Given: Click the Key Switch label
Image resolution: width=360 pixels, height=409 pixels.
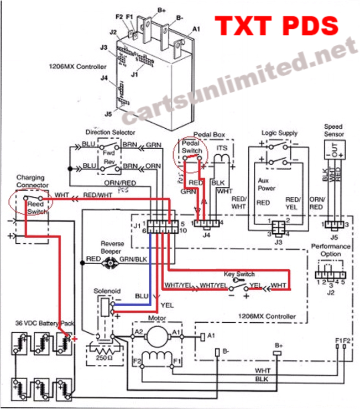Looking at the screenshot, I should [239, 274].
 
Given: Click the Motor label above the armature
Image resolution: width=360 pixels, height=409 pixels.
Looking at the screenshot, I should [157, 318].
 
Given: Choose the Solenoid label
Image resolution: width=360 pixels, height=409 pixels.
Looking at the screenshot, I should [106, 291].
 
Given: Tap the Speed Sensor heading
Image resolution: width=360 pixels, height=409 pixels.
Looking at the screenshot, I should [334, 130].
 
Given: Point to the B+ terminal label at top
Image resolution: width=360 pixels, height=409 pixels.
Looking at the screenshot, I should [161, 9].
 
